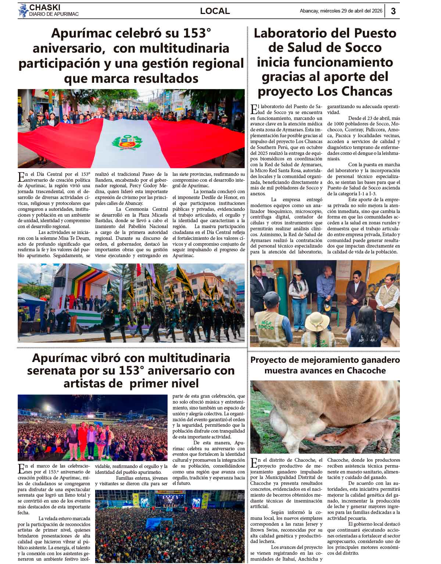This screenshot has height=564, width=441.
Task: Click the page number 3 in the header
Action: (393, 11)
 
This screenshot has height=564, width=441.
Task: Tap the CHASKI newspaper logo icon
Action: (23, 10)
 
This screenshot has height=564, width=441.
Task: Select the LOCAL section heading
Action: (215, 11)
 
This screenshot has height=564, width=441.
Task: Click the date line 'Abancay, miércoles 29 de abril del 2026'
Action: (341, 11)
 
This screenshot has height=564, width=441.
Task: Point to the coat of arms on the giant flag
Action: (127, 142)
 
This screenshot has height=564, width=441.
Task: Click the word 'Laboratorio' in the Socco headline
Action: (293, 33)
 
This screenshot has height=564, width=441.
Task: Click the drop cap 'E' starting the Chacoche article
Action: (254, 463)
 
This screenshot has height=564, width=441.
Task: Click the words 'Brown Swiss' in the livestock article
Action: (263, 530)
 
